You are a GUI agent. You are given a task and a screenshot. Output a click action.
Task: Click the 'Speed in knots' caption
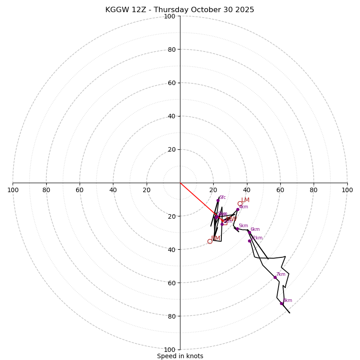180,356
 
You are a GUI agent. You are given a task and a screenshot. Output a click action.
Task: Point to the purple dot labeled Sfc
218,201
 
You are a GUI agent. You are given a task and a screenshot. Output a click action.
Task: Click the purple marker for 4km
238,210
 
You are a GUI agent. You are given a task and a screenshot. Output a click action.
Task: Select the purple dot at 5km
237,229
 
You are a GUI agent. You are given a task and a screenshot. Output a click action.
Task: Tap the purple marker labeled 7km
275,277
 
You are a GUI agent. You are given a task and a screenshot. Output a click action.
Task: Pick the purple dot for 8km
281,303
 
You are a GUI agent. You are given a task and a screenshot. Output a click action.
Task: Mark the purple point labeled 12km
249,241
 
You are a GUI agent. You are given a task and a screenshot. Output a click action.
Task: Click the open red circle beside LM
240,204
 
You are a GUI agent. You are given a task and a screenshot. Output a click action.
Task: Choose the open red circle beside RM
210,241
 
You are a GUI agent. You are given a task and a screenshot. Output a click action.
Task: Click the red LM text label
245,200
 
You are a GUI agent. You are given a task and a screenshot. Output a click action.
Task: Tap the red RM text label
216,238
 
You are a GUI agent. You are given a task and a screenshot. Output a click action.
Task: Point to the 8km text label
288,301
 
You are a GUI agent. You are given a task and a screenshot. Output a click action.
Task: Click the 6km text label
255,229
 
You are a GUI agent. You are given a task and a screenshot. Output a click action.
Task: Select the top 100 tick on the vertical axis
170,16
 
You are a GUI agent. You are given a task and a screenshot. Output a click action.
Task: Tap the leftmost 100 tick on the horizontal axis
13,190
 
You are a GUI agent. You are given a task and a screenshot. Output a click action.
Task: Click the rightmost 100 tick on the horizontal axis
347,190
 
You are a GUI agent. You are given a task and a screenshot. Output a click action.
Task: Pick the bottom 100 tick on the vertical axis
170,349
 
